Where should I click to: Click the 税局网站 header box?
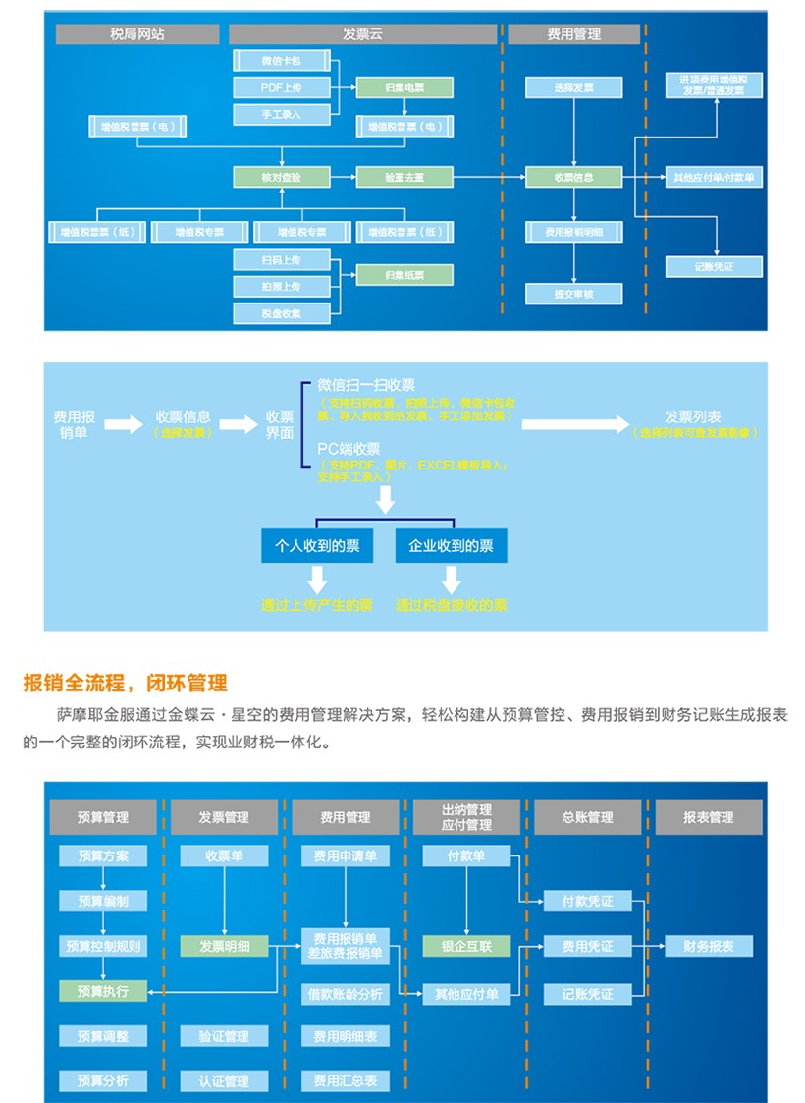click(137, 34)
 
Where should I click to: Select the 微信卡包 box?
click(281, 61)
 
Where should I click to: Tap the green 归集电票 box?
click(404, 88)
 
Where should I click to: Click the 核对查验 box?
click(281, 178)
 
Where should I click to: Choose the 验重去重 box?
click(404, 178)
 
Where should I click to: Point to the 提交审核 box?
click(574, 294)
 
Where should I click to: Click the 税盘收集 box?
click(281, 314)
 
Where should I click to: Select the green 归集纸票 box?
click(404, 276)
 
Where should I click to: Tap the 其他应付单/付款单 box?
click(714, 178)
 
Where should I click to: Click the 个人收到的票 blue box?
click(317, 546)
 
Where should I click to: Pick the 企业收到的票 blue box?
click(451, 546)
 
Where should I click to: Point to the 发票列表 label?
click(693, 416)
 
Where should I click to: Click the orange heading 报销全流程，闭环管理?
click(125, 683)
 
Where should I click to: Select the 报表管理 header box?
click(709, 817)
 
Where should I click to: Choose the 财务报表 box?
click(709, 947)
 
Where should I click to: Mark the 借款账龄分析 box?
click(345, 994)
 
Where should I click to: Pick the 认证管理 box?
click(224, 1081)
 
